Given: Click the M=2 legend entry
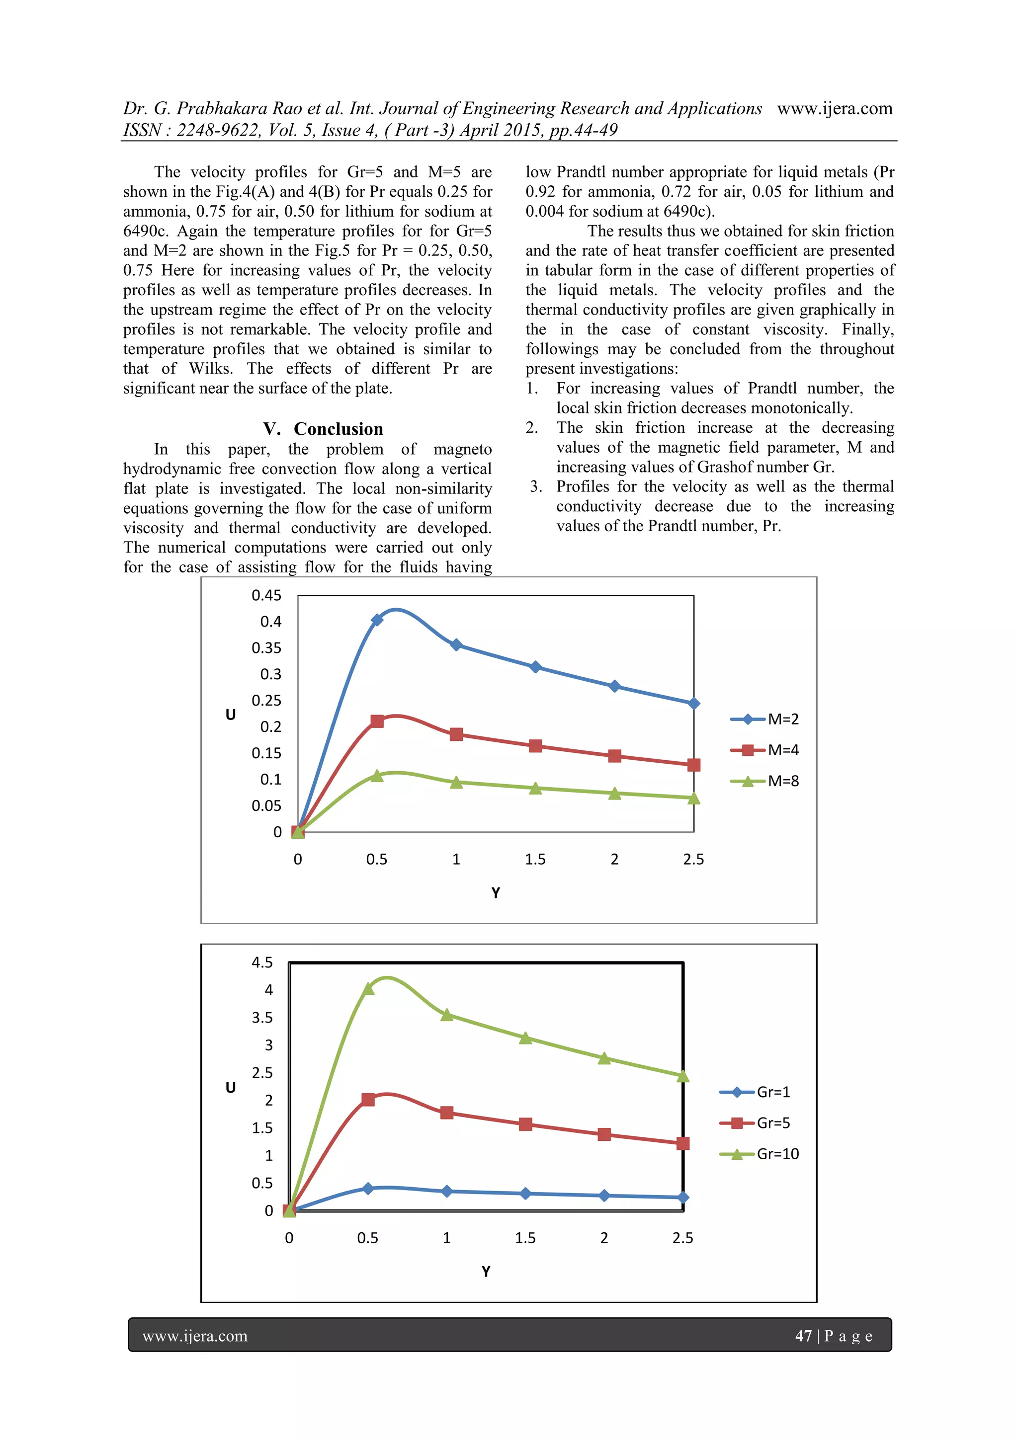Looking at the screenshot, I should pyautogui.click(x=765, y=719).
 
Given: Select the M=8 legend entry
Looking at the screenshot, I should pyautogui.click(x=765, y=781).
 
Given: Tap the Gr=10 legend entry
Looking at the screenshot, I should pyautogui.click(x=759, y=1154).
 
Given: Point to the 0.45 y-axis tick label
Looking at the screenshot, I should pyautogui.click(x=266, y=595).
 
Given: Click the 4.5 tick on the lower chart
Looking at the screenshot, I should pyautogui.click(x=262, y=962).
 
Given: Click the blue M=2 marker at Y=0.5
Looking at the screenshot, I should pyautogui.click(x=377, y=620).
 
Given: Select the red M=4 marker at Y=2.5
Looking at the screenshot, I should pyautogui.click(x=693, y=765).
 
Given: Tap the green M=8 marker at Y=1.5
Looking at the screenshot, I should pyautogui.click(x=535, y=789).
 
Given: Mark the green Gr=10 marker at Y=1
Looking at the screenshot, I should pyautogui.click(x=447, y=1015).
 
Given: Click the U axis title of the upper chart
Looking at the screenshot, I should pyautogui.click(x=231, y=715).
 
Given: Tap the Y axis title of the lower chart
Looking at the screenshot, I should pyautogui.click(x=486, y=1271).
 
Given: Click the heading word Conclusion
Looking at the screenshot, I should pyautogui.click(x=339, y=429).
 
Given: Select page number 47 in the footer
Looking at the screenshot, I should pyautogui.click(x=803, y=1336).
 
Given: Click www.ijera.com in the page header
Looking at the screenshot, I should pyautogui.click(x=835, y=108).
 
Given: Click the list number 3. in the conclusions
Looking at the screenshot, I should pyautogui.click(x=536, y=486).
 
